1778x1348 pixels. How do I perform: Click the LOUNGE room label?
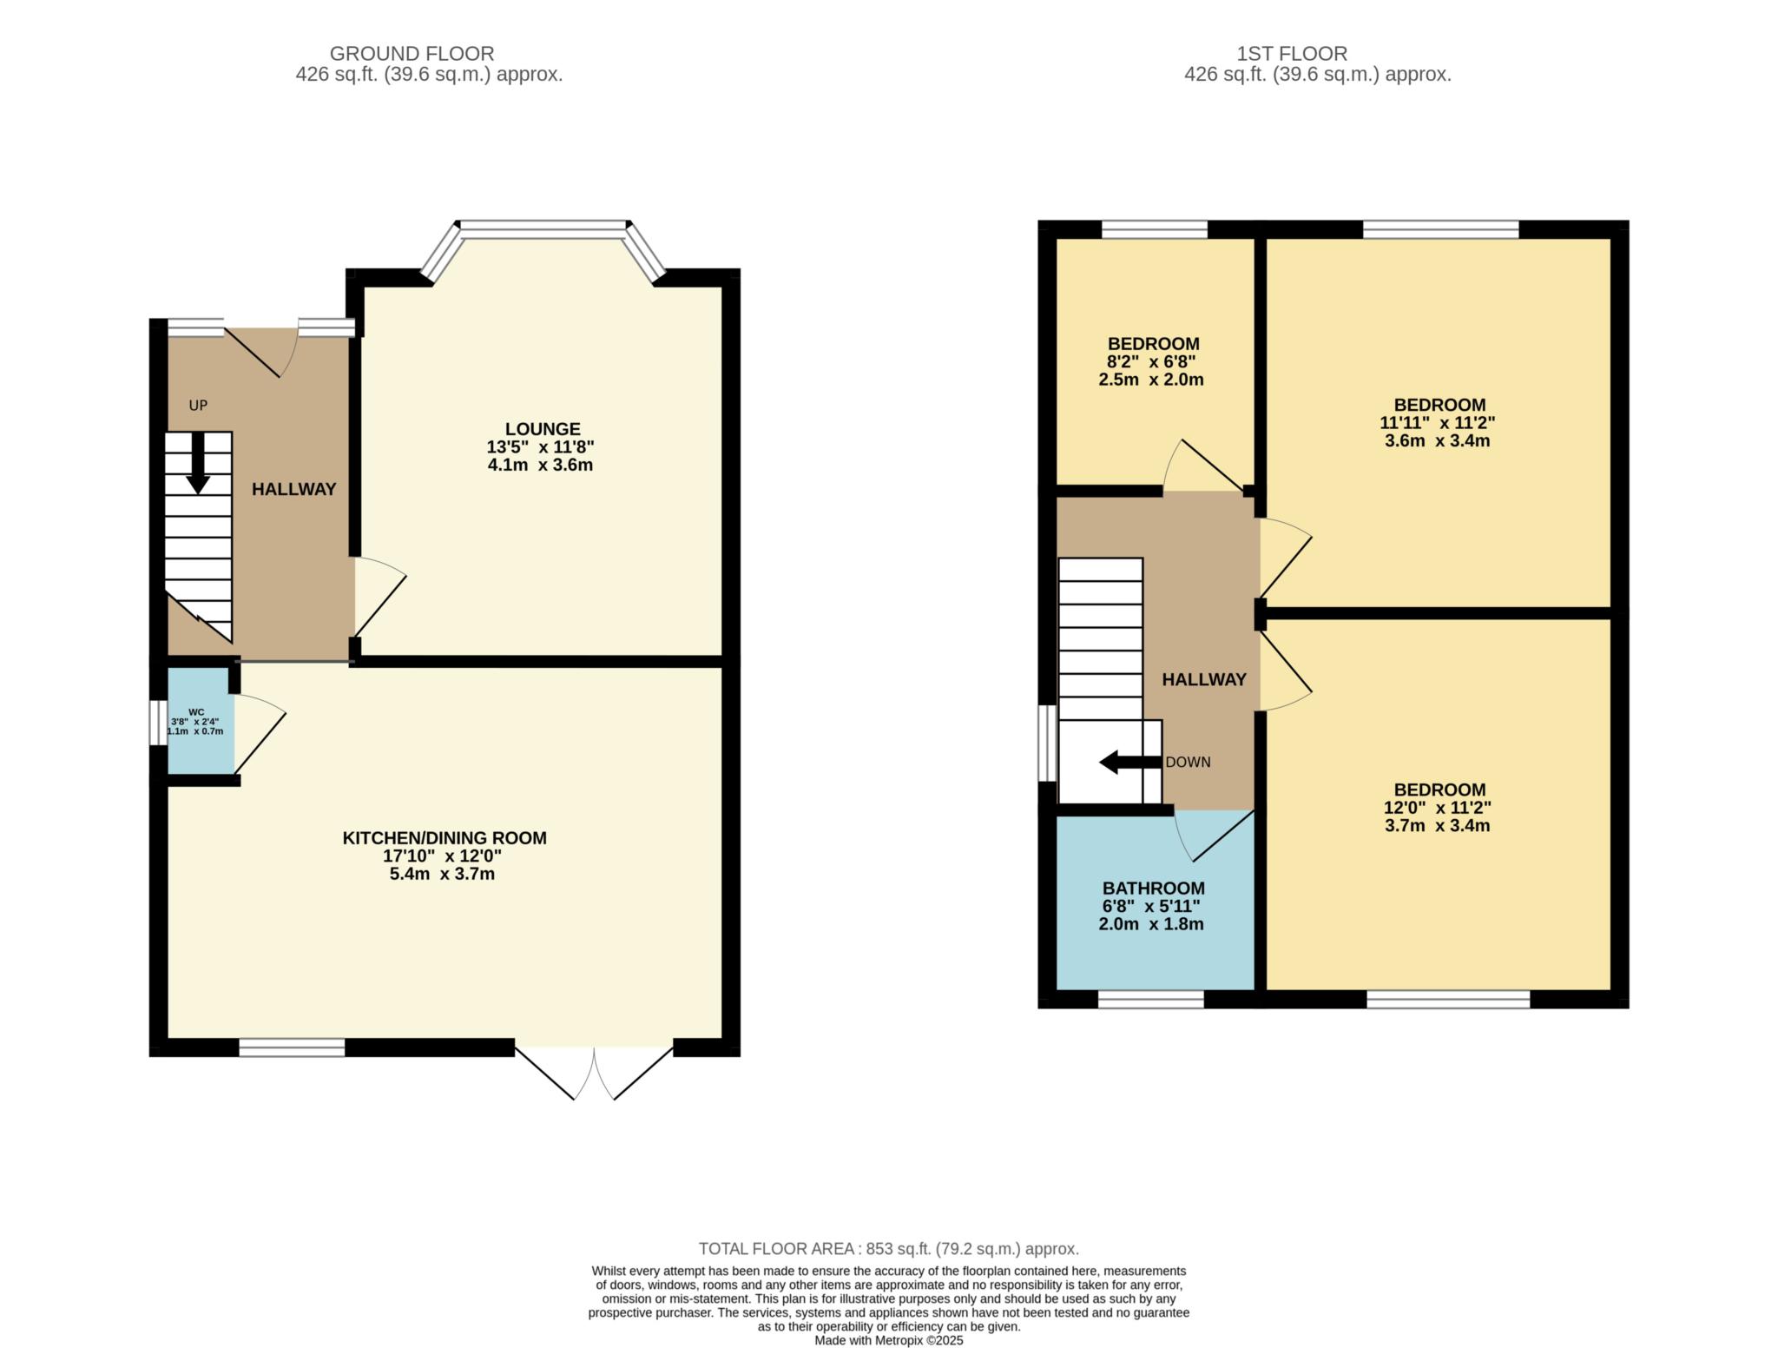(542, 429)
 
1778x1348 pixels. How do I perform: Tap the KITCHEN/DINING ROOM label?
(444, 838)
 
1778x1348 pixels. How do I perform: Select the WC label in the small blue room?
(196, 712)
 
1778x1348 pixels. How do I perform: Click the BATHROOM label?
(1153, 889)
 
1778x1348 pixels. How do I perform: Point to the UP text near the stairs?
(198, 406)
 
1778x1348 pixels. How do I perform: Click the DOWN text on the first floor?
(1188, 763)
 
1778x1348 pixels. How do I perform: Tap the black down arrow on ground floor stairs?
(198, 464)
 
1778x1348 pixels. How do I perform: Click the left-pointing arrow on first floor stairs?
(1129, 763)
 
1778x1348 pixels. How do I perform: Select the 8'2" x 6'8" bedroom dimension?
(1152, 362)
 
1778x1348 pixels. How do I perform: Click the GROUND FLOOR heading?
(412, 54)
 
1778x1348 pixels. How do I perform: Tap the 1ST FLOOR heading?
(1292, 54)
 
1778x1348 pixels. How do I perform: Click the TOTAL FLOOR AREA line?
(888, 1249)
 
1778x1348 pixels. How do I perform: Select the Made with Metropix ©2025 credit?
(888, 1340)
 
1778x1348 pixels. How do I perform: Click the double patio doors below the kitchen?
(595, 1070)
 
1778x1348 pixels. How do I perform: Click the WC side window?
(158, 723)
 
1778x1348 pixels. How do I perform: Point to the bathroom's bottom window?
(1150, 999)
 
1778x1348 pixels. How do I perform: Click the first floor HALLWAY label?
(1203, 680)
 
